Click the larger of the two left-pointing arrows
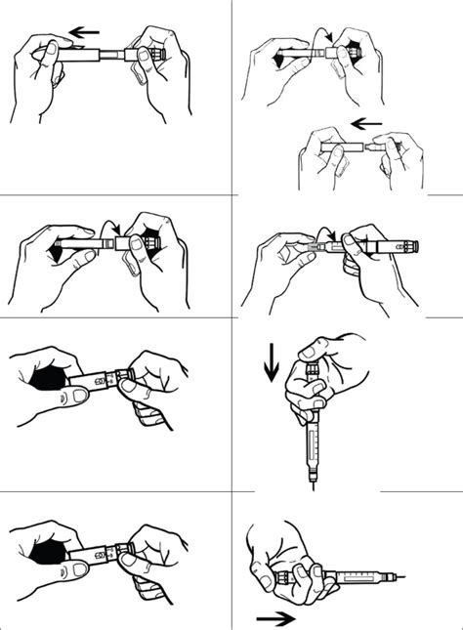[85, 32]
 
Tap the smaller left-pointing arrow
[365, 123]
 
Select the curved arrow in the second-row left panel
[111, 230]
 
